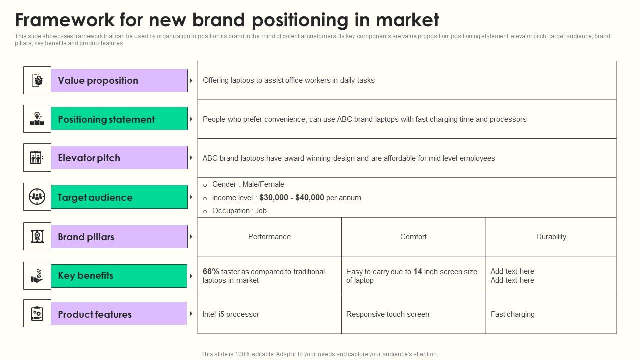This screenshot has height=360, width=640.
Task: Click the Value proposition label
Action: click(98, 81)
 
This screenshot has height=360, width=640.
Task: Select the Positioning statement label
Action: click(106, 119)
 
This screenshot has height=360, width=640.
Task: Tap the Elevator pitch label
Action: click(89, 158)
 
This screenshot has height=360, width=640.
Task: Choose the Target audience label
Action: click(95, 197)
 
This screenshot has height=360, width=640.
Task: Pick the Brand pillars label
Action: click(86, 237)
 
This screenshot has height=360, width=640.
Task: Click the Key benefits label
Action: click(85, 276)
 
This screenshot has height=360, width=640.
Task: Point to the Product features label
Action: click(95, 314)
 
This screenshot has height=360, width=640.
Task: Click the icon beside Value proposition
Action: click(37, 80)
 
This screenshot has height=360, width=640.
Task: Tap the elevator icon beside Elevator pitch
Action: click(37, 158)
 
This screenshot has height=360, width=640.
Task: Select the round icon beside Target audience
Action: click(37, 197)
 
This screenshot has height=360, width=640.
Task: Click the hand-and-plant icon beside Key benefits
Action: click(37, 276)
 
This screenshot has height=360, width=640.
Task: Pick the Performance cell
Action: click(269, 237)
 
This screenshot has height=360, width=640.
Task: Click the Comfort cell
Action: click(413, 237)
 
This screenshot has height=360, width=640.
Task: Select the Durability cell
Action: click(551, 237)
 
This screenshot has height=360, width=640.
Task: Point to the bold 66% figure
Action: click(211, 272)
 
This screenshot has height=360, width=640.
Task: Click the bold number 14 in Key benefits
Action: click(418, 272)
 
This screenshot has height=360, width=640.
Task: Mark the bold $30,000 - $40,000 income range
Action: click(292, 198)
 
